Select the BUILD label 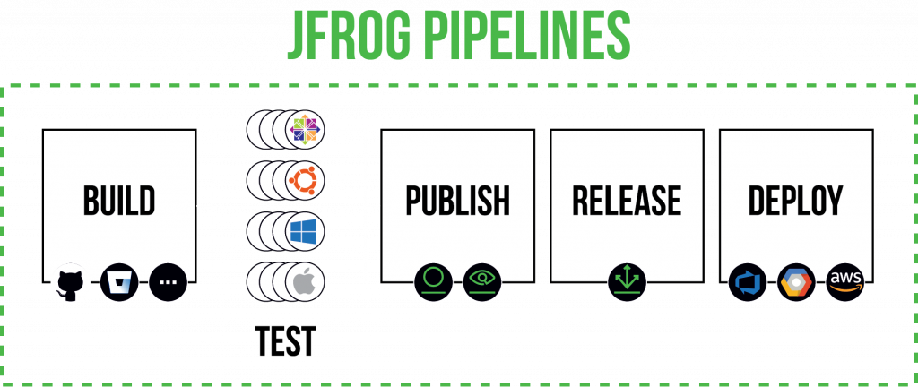[x=119, y=202]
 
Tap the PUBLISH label [x=458, y=202]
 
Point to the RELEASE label [x=627, y=202]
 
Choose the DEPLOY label [x=796, y=202]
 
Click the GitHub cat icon [x=70, y=282]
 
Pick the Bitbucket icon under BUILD [x=119, y=282]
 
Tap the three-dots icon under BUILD [x=169, y=282]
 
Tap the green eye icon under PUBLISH [x=482, y=280]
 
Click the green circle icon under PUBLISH [x=433, y=280]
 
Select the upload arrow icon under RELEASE [x=627, y=280]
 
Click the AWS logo [x=844, y=282]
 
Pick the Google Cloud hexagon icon [x=795, y=282]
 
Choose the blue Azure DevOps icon [x=746, y=282]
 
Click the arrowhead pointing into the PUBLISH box [x=377, y=206]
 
